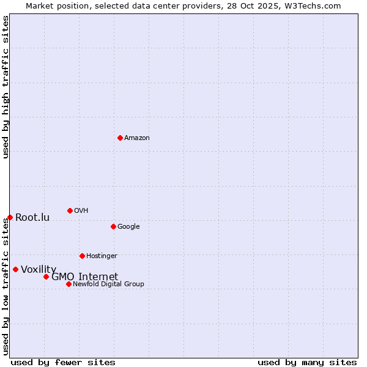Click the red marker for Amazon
(x=120, y=138)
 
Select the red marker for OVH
(x=70, y=210)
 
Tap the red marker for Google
(x=113, y=226)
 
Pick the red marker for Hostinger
(x=82, y=256)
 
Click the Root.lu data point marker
(x=10, y=217)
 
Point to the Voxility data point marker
(x=15, y=269)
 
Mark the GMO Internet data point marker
(x=46, y=276)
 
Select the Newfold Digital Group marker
(x=69, y=284)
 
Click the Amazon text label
(x=137, y=138)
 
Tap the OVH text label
(x=81, y=210)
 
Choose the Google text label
(x=128, y=226)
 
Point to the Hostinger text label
(x=102, y=256)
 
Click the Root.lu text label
(x=32, y=217)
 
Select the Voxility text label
(x=39, y=269)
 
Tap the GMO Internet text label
(x=84, y=276)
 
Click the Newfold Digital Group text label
(x=108, y=284)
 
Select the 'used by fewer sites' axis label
(x=63, y=362)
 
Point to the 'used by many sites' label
(x=307, y=362)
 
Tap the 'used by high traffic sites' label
(x=6, y=87)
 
